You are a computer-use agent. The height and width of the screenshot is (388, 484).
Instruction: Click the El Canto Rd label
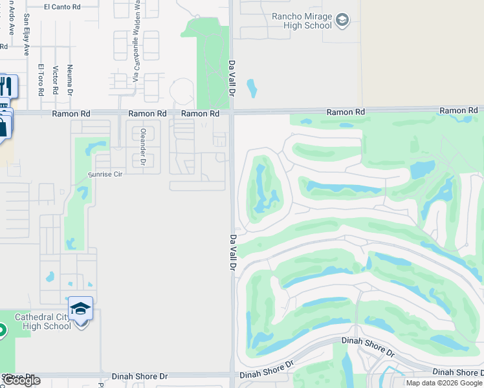tap(62, 7)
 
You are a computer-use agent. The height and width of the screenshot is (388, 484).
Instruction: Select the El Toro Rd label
tap(40, 80)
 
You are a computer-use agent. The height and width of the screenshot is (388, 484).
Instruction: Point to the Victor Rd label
tap(56, 81)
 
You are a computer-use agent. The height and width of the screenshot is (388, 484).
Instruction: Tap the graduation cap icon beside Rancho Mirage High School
tap(342, 21)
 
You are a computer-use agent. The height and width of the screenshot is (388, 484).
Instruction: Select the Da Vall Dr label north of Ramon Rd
tap(232, 78)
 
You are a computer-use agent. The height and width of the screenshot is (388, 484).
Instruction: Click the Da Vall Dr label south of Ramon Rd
tap(233, 252)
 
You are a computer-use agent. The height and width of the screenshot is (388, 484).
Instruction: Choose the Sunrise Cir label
tap(105, 175)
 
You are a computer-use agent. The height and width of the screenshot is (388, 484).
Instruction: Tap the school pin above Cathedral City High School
tap(81, 309)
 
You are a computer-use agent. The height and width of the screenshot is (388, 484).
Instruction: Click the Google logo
tap(21, 380)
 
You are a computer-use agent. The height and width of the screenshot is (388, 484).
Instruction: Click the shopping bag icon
tap(3, 126)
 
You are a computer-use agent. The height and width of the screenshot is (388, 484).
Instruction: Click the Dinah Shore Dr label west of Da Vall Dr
tap(139, 376)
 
